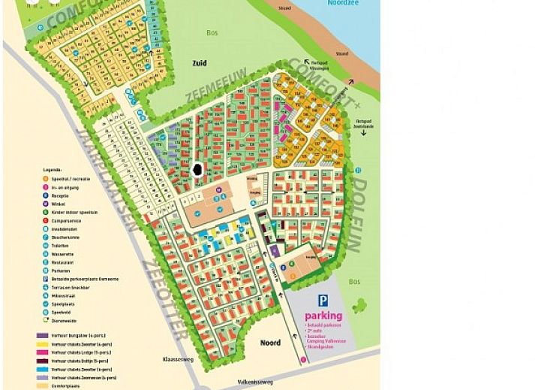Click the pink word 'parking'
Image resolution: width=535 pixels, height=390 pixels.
pos(323,316)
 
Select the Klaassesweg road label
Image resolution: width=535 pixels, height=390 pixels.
pos(179,360)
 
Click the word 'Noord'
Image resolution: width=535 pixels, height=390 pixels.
pos(270,343)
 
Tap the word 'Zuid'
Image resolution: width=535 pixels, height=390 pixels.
pos(199,64)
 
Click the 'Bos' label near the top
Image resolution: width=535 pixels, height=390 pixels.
pos(212,32)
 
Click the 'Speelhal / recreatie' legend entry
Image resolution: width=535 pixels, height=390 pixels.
pos(72,179)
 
